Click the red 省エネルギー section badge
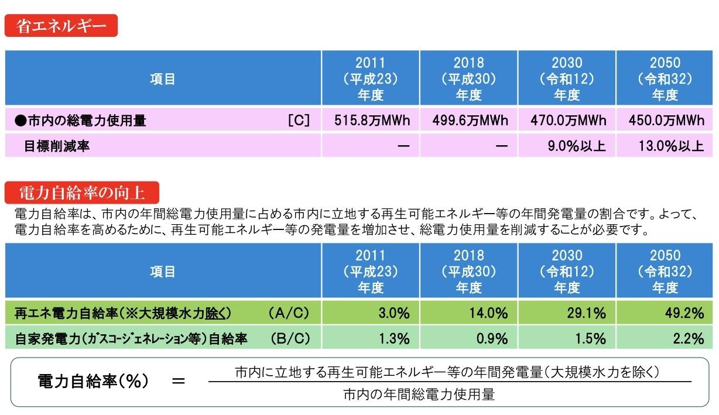pyautogui.click(x=61, y=26)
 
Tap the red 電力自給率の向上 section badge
pyautogui.click(x=82, y=192)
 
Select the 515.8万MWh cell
pyautogui.click(x=372, y=121)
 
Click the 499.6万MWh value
pyautogui.click(x=470, y=121)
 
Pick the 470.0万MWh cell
pyautogui.click(x=569, y=121)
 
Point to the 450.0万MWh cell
pyautogui.click(x=666, y=121)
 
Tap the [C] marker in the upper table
pyautogui.click(x=299, y=121)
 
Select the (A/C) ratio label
pyautogui.click(x=288, y=314)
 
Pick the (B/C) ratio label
pyautogui.click(x=289, y=338)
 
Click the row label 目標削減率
pyautogui.click(x=57, y=146)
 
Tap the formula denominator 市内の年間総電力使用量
pyautogui.click(x=419, y=395)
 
